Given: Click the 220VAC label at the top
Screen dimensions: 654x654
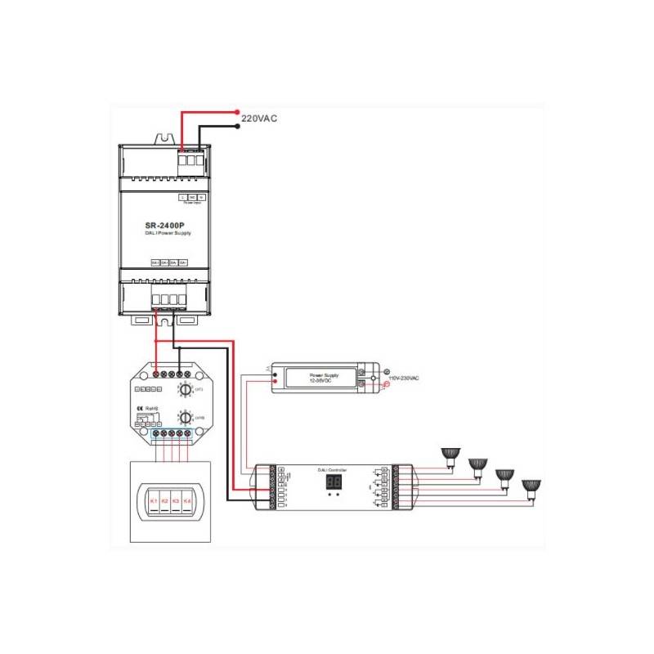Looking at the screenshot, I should [x=260, y=119].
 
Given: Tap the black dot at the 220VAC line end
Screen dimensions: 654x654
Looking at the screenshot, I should [x=237, y=125].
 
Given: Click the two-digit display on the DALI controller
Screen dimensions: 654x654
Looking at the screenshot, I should [x=333, y=483].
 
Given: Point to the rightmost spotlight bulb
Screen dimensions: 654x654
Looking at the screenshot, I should [x=533, y=486].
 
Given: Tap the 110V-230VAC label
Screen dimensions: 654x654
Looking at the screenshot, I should [x=403, y=379].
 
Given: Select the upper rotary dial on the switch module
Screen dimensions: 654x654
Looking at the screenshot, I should [x=185, y=392].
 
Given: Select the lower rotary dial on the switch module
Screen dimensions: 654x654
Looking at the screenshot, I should [x=185, y=418].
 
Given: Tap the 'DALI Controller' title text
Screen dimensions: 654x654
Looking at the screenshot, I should [x=332, y=469].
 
